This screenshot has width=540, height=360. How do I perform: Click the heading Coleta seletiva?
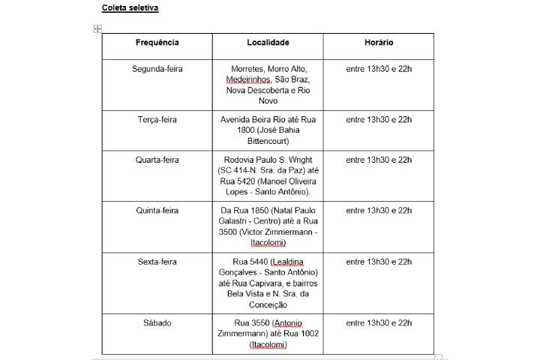point(130,8)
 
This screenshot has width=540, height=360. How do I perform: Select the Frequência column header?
point(157,43)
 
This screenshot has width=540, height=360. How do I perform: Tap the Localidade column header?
point(268,43)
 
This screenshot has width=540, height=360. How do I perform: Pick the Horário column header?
point(379,43)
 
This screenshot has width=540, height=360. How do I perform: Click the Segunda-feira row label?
point(157,69)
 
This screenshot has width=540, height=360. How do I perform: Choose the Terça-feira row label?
point(157,120)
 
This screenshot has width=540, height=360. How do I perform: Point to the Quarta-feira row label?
point(157,160)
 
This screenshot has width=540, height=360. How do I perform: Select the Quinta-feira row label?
point(157,211)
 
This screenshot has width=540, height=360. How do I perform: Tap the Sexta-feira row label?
point(157,262)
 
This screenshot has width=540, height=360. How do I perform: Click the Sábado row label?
point(157,323)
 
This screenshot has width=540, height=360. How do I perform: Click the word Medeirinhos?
point(249,79)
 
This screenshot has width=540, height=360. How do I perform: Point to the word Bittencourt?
point(268,141)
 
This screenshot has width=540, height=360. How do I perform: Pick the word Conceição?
point(268,304)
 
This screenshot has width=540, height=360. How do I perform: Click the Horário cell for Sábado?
point(379,323)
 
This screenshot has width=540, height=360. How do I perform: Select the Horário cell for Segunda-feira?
point(379,69)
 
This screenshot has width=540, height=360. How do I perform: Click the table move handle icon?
point(97,29)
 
